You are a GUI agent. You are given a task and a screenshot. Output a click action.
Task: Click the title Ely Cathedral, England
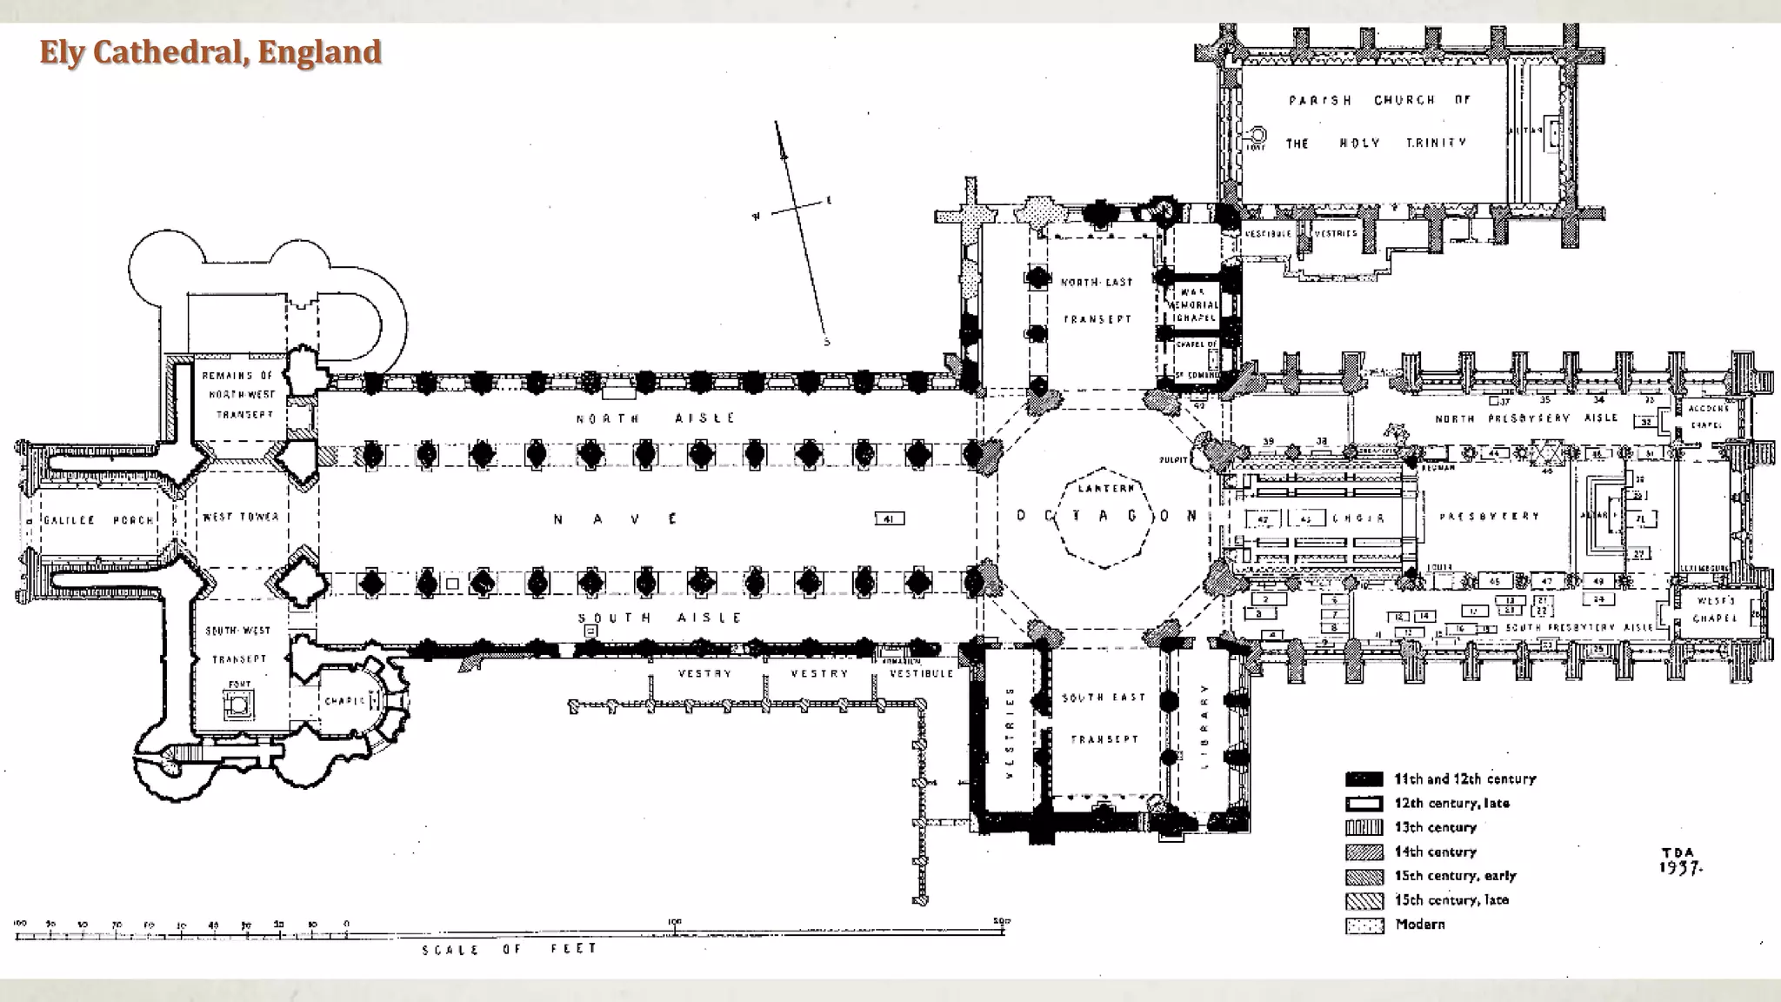coord(210,52)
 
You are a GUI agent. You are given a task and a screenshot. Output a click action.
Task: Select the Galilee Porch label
coord(97,520)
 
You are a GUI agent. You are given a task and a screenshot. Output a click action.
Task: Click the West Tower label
coord(240,517)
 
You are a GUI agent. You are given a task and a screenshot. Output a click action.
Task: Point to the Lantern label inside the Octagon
coord(1105,489)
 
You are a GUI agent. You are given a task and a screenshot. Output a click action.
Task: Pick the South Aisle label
coord(660,618)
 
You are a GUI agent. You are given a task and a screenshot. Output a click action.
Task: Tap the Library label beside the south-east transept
coord(1204,725)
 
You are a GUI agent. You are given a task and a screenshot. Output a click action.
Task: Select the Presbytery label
coord(1489,516)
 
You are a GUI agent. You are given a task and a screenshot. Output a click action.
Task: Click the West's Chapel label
coord(1715,609)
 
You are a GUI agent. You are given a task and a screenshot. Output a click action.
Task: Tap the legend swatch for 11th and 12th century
coord(1364,779)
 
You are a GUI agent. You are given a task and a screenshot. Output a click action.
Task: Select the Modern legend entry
coord(1419,925)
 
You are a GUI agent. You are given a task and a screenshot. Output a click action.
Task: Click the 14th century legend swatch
coord(1364,852)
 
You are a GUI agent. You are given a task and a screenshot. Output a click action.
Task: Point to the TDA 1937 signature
coord(1679,860)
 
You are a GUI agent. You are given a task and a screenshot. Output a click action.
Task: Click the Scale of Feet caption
coord(510,949)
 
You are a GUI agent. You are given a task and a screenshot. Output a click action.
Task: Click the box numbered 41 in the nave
coord(889,519)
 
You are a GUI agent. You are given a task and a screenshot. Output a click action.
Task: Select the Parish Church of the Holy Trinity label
coord(1378,121)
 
